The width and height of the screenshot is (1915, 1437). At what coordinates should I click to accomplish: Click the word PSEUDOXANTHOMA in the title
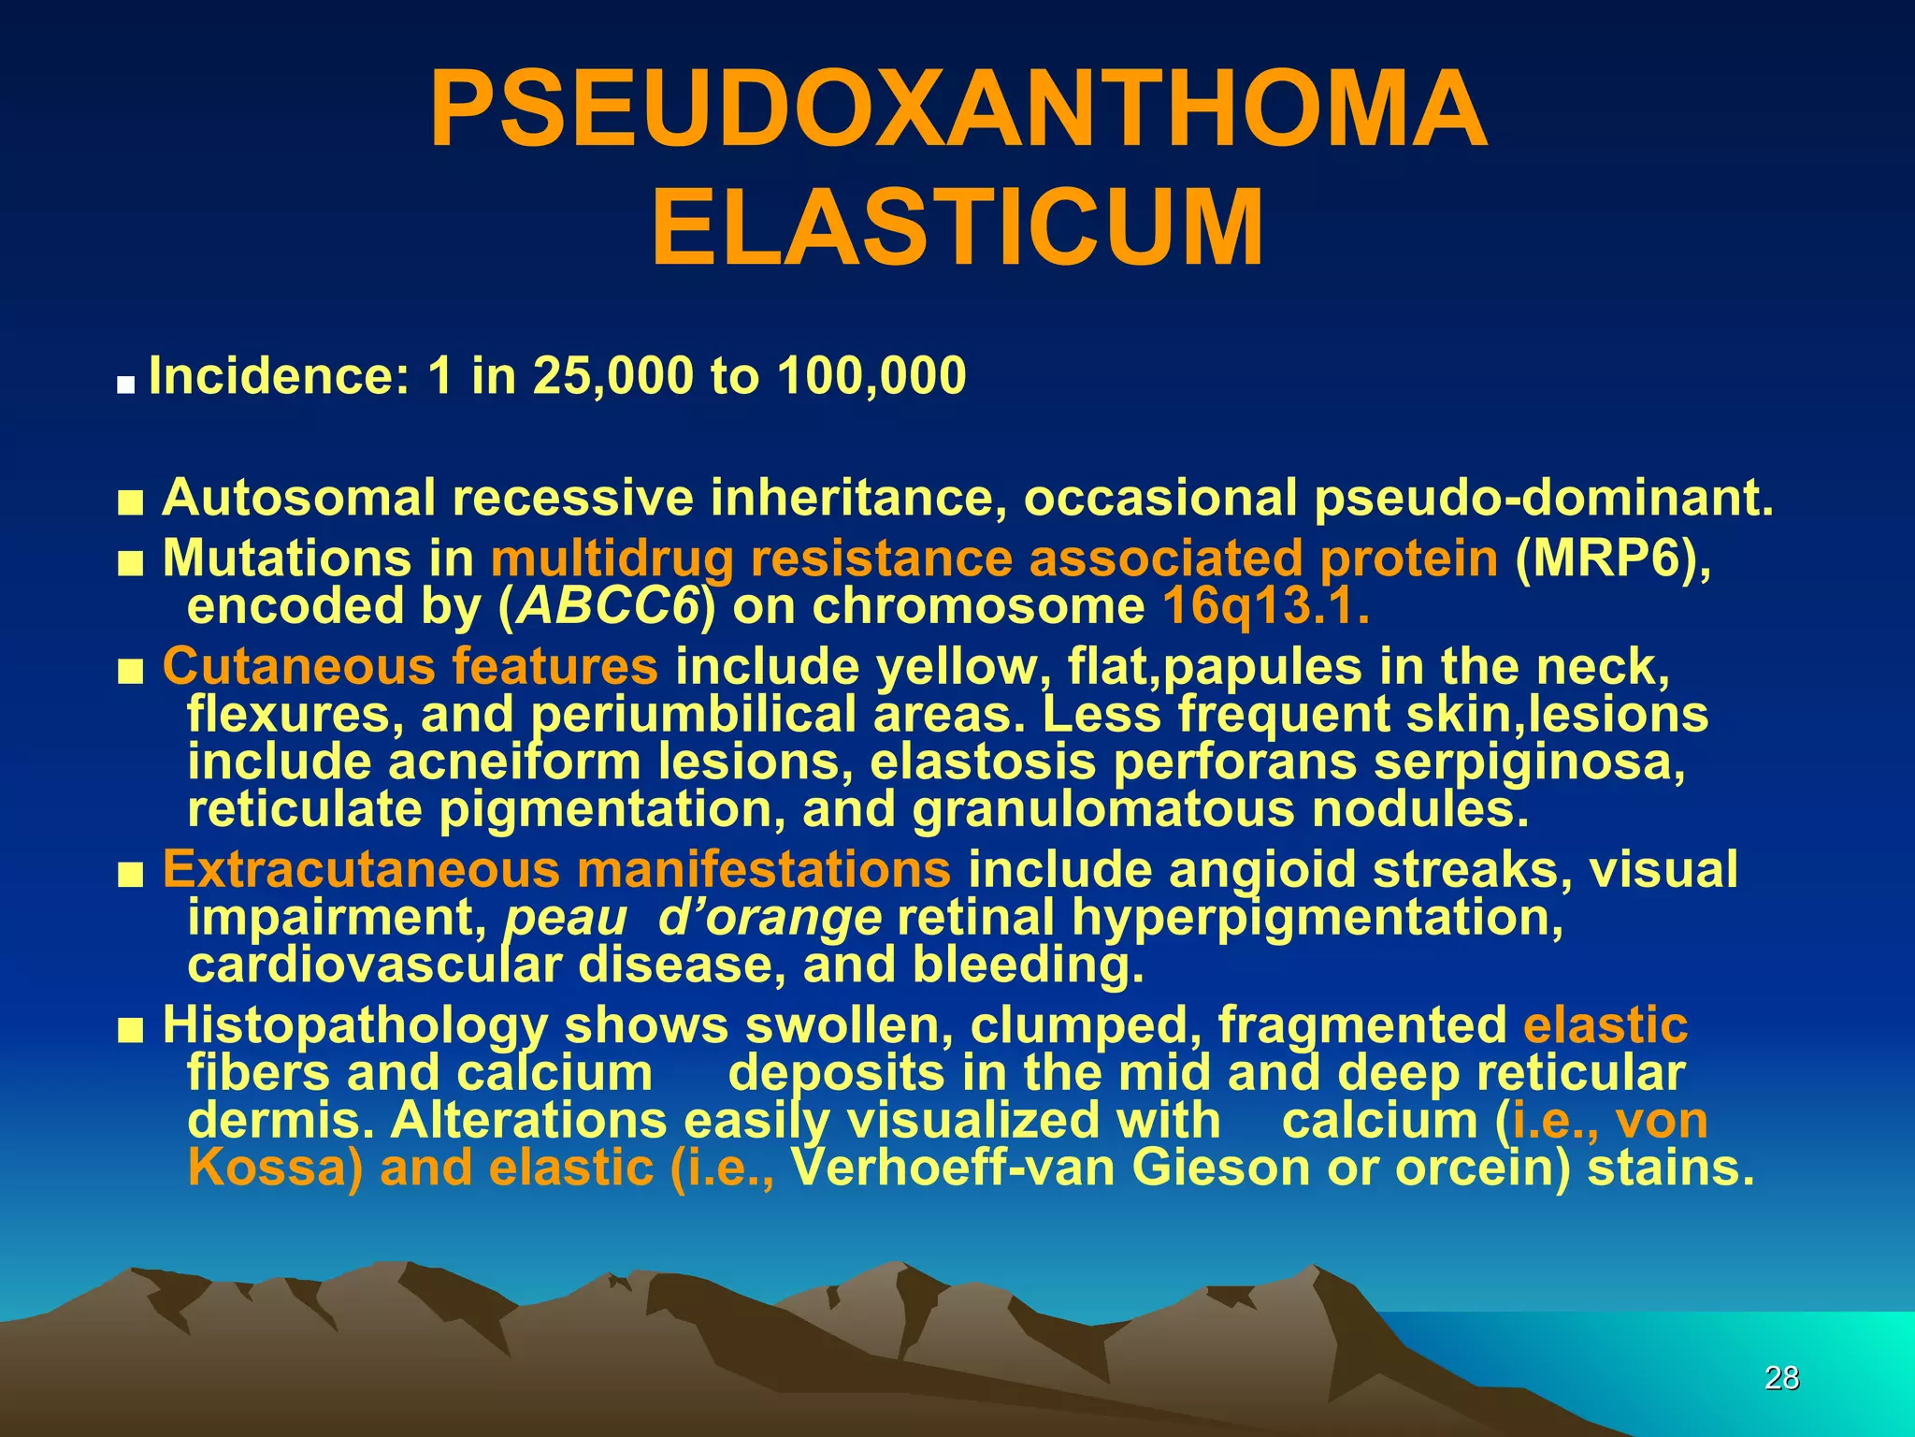[x=957, y=110]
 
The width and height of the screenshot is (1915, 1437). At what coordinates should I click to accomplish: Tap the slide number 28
[x=1781, y=1378]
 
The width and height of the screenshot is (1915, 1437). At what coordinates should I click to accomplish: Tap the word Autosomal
[x=298, y=498]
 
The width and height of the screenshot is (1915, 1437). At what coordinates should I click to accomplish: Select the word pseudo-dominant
[x=1542, y=498]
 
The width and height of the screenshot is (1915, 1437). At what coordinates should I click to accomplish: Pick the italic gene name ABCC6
[x=608, y=606]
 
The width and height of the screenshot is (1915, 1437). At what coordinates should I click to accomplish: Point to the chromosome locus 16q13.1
[x=1266, y=606]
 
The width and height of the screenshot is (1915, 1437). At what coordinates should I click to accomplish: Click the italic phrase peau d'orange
[x=693, y=918]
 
